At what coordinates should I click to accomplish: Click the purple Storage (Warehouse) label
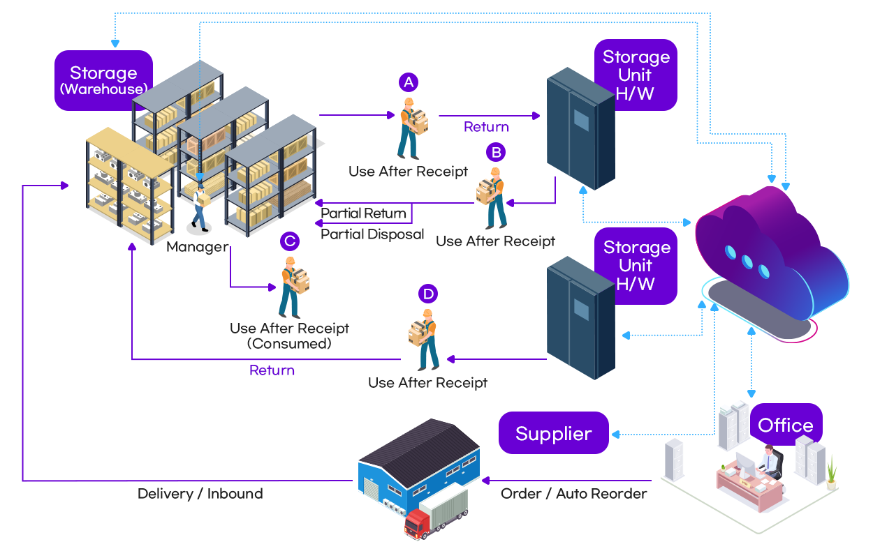(103, 80)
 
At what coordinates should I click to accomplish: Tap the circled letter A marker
(409, 82)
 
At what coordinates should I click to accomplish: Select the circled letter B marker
(496, 152)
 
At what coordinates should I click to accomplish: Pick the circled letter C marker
(289, 241)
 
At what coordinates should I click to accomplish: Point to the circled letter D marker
(428, 294)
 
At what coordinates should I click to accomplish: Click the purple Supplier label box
(554, 433)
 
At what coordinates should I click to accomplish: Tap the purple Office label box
(786, 425)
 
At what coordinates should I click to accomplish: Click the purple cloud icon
(768, 258)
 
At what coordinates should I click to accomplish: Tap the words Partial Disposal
(372, 234)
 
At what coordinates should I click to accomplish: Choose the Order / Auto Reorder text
(573, 494)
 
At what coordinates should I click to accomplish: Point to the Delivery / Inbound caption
(200, 494)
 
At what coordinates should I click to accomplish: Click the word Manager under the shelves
(197, 247)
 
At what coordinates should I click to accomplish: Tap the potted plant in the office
(830, 471)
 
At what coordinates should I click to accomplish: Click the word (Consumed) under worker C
(289, 344)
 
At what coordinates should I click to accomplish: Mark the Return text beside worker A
(486, 127)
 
